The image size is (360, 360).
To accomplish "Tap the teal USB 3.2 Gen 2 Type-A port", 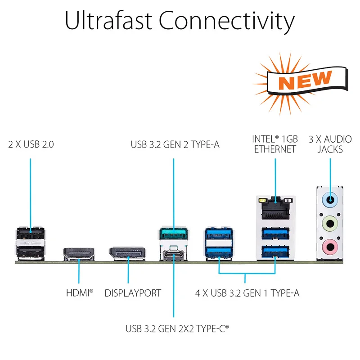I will (x=174, y=235).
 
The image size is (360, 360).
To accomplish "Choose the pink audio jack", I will (x=331, y=246).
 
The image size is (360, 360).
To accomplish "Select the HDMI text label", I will (x=79, y=293).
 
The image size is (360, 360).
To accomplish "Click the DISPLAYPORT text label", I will (x=133, y=293).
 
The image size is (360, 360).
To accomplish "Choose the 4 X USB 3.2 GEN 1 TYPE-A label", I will (x=247, y=293).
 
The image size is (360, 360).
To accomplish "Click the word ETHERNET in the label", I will (x=275, y=149).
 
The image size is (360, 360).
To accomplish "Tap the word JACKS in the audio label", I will (x=330, y=149).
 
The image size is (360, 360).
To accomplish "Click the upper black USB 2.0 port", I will (x=30, y=234).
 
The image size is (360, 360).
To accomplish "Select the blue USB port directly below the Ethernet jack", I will (x=274, y=234).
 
